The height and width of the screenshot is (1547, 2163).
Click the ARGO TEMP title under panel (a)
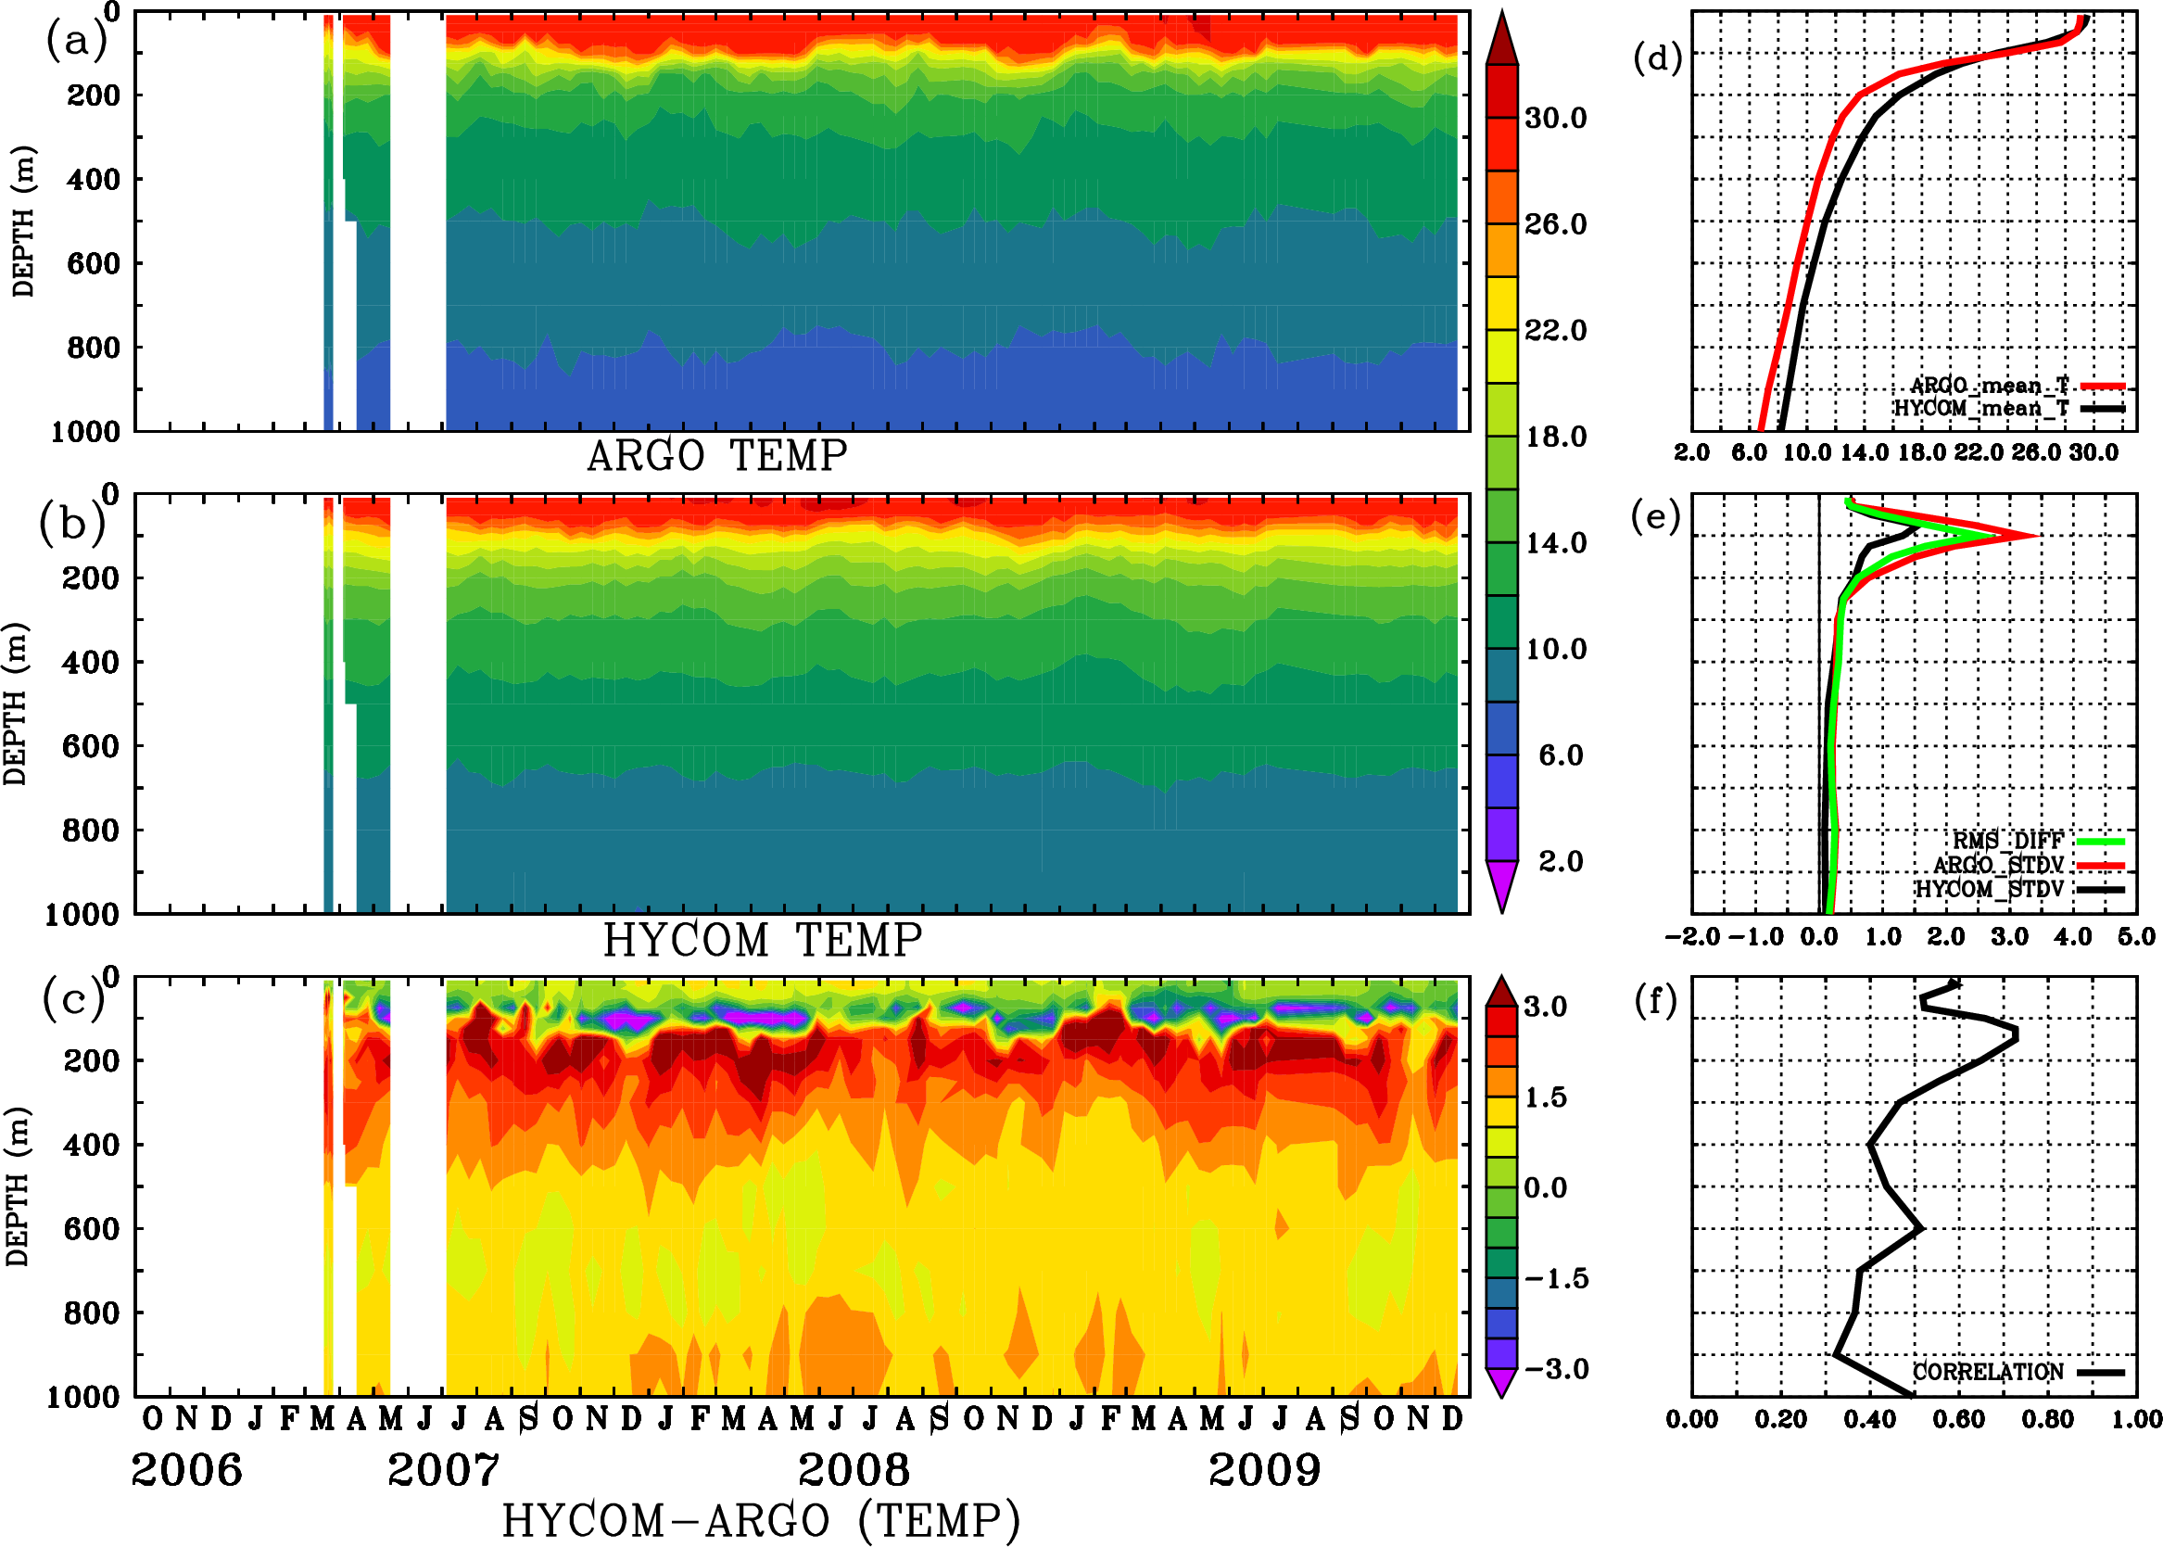tap(716, 456)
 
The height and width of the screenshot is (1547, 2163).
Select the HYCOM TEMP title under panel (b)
tap(763, 940)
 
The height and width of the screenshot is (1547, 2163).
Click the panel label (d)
tap(1657, 58)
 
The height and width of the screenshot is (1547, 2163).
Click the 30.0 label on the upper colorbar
tap(1555, 118)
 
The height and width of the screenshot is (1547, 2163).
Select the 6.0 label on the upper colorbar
tap(1560, 755)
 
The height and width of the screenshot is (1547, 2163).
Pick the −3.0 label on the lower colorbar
tap(1556, 1369)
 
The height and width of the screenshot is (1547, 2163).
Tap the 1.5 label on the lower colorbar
tap(1545, 1097)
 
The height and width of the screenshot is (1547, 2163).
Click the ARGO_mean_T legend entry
tap(1990, 386)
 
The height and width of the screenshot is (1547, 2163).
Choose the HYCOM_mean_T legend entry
tap(1981, 409)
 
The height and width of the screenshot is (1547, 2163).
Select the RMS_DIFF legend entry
tap(2007, 841)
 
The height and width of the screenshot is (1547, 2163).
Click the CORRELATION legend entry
tap(1988, 1372)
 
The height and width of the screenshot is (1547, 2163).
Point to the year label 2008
tap(854, 1470)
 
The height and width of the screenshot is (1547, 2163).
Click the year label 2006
tap(186, 1470)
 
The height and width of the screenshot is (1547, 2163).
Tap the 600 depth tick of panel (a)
tap(94, 264)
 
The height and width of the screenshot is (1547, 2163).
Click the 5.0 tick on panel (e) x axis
tap(2136, 937)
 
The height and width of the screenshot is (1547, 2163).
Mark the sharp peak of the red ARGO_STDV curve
tap(2036, 536)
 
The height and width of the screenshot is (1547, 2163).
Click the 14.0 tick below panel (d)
tap(1864, 452)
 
